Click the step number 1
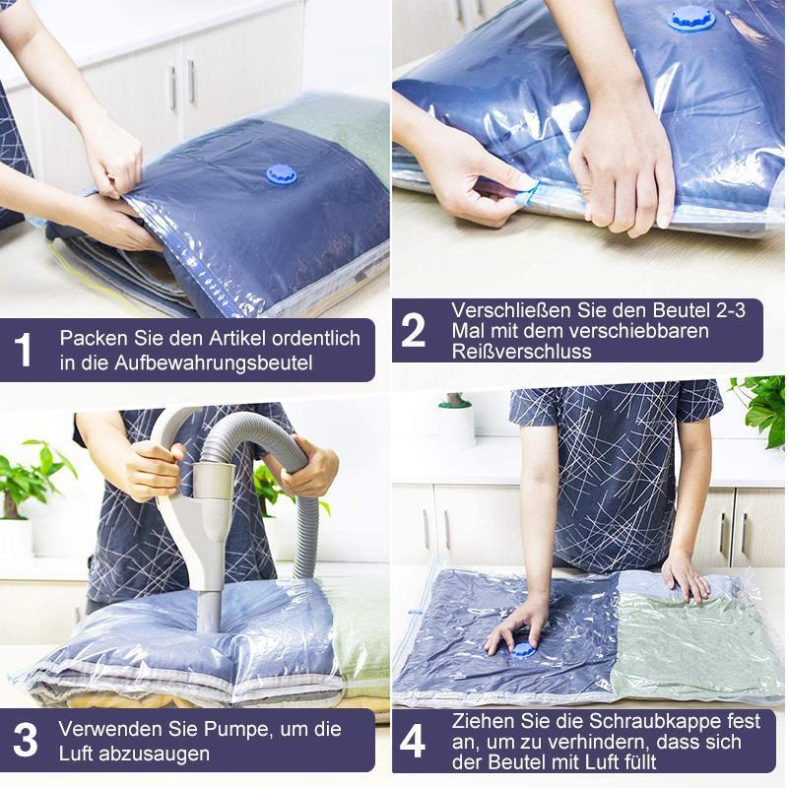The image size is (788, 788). (23, 350)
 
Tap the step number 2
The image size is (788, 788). (413, 330)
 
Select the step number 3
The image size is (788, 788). (26, 741)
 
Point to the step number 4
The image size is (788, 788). (413, 743)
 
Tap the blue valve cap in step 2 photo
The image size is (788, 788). (691, 19)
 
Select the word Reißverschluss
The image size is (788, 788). (522, 352)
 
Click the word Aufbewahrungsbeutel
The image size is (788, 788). (213, 362)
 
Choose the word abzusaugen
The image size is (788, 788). (154, 754)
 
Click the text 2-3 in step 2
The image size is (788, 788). (729, 310)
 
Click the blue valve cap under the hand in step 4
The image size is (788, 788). (523, 651)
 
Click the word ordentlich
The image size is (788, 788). (316, 338)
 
